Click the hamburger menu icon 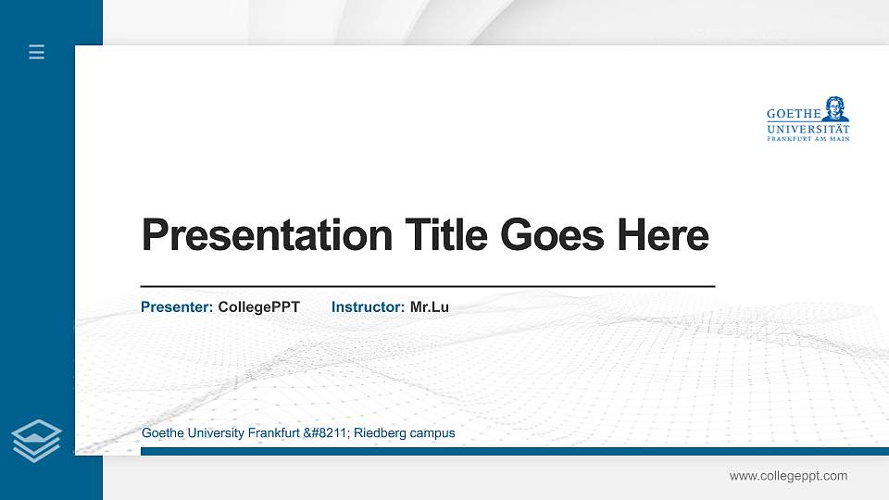[36, 52]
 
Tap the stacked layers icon [36, 440]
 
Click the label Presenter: [177, 306]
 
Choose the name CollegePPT [259, 306]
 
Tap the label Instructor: [368, 306]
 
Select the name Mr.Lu [430, 306]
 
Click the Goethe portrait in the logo [836, 108]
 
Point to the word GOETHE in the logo [793, 114]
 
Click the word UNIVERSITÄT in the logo [808, 129]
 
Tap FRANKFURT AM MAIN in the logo [808, 139]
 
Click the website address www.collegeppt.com [788, 476]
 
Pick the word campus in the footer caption [432, 433]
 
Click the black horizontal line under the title [427, 287]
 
